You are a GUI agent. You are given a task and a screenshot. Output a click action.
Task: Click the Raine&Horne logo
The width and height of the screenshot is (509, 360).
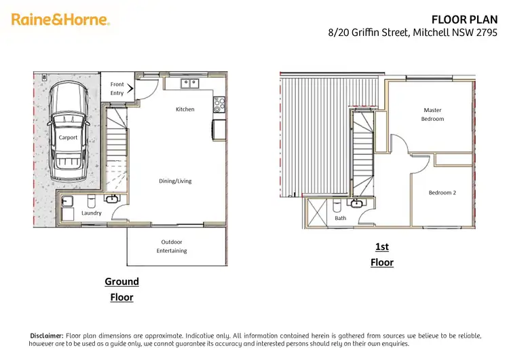click(60, 20)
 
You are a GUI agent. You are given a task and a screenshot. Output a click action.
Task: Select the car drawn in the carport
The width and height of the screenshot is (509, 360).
click(68, 126)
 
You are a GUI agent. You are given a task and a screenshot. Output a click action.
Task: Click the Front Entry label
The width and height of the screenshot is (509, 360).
click(117, 88)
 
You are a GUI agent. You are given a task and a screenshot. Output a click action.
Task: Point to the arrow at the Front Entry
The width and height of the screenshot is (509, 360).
click(130, 88)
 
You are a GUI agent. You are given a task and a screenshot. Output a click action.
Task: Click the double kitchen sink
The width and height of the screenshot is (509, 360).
click(189, 83)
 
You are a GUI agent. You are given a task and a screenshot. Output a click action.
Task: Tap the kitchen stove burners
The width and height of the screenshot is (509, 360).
click(219, 105)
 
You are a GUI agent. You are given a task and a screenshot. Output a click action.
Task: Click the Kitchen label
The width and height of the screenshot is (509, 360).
click(185, 109)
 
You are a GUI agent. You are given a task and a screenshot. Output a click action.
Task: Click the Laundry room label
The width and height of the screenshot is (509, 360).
click(92, 213)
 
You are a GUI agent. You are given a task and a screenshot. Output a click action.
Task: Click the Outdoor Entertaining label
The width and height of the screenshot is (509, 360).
click(172, 246)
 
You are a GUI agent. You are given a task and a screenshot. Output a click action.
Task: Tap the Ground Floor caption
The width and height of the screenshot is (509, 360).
click(121, 289)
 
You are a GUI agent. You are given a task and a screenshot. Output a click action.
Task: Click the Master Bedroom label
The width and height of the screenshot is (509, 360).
click(432, 114)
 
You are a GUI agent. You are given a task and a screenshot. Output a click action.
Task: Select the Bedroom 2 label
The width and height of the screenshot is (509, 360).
click(442, 193)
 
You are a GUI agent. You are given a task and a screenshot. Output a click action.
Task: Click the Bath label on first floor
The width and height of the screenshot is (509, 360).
click(340, 218)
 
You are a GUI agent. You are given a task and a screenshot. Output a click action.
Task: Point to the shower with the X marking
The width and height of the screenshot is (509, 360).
click(317, 213)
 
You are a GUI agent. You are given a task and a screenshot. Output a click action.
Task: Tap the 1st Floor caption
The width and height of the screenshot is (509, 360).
click(382, 254)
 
